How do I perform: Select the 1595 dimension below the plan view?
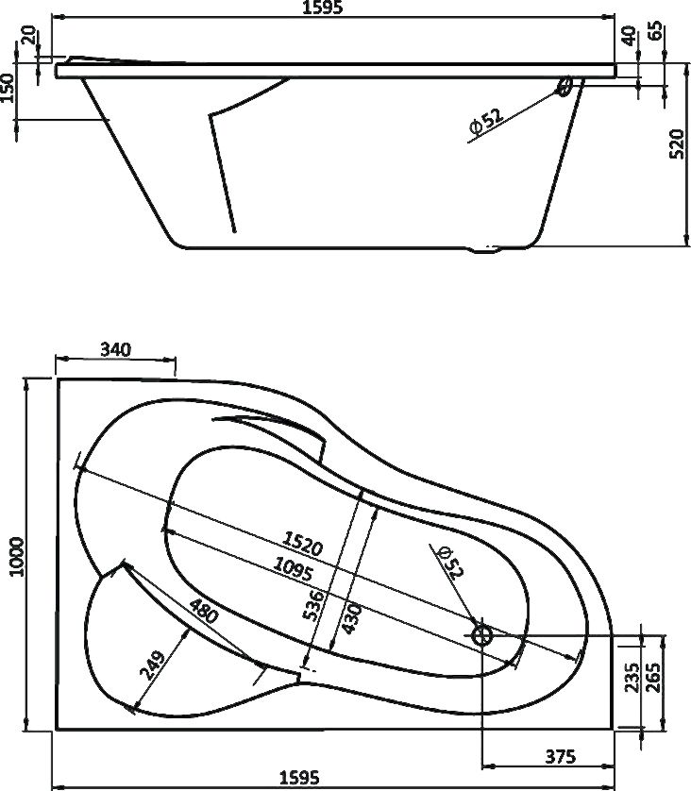coord(299,778)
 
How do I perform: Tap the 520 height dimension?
coord(677,143)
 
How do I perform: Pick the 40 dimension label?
coord(629,36)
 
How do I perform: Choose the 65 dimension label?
coord(655,32)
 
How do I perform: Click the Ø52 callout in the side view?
coord(486,121)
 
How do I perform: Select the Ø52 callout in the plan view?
coord(450,562)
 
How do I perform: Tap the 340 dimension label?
coord(115,349)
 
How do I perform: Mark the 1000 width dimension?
coord(17,556)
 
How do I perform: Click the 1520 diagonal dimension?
coord(302,544)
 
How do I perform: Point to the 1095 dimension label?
coord(293,568)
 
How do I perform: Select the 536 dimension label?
coord(312,605)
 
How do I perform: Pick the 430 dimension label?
coord(351,618)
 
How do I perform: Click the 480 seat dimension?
coord(204,611)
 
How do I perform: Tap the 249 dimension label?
coord(152,665)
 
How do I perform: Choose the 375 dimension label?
coord(561,756)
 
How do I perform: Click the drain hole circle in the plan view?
coord(482,634)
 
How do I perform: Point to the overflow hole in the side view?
coord(565,86)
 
